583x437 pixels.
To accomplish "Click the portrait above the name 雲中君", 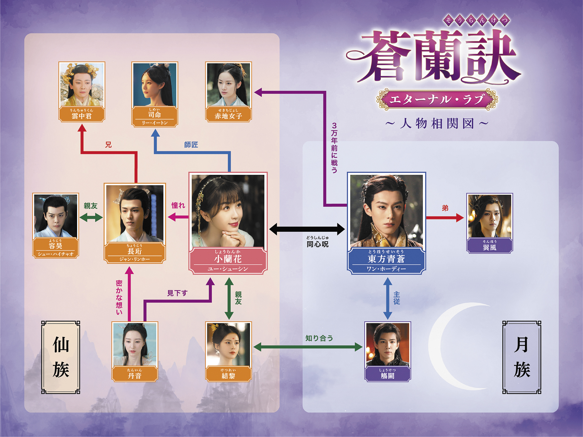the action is pyautogui.click(x=82, y=84).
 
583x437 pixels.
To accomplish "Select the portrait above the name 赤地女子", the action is pyautogui.click(x=228, y=84).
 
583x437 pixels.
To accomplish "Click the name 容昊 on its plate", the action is pyautogui.click(x=55, y=246).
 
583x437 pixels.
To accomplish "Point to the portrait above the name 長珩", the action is pyautogui.click(x=135, y=213).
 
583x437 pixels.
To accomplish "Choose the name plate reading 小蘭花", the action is pyautogui.click(x=228, y=261).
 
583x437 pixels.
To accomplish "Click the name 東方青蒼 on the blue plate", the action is pyautogui.click(x=386, y=259).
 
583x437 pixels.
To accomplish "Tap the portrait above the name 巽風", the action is pyautogui.click(x=490, y=216).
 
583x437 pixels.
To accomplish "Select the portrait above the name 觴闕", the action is pyautogui.click(x=388, y=344).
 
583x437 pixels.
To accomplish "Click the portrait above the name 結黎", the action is pyautogui.click(x=228, y=344).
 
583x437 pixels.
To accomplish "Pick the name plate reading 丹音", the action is pyautogui.click(x=135, y=374).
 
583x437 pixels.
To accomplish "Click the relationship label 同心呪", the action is pyautogui.click(x=318, y=244).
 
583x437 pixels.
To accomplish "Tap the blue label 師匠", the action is pyautogui.click(x=191, y=145).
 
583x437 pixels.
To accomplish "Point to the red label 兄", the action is pyautogui.click(x=108, y=145).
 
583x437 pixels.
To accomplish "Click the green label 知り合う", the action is pyautogui.click(x=319, y=338).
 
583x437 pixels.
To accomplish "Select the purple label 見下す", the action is pyautogui.click(x=177, y=293).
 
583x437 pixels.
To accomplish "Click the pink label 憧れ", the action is pyautogui.click(x=178, y=205).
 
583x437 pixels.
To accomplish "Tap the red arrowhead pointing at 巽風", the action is pyautogui.click(x=460, y=218).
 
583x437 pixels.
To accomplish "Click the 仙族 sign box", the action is pyautogui.click(x=61, y=357).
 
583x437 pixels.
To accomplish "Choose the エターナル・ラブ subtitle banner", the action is pyautogui.click(x=437, y=99).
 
